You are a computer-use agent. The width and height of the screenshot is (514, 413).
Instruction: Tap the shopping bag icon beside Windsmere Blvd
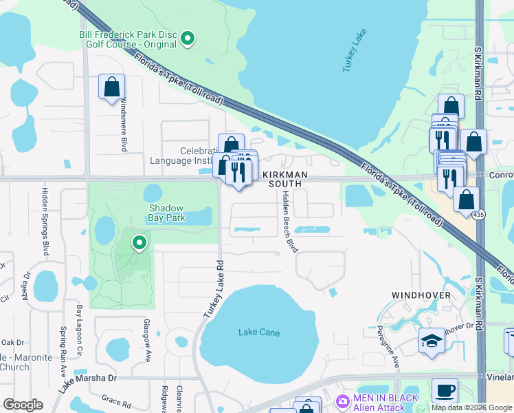(111, 87)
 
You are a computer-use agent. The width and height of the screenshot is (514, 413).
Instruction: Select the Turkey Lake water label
(355, 52)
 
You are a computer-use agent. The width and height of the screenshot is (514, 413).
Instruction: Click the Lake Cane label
(259, 332)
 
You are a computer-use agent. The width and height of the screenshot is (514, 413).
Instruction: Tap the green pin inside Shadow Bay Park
(139, 242)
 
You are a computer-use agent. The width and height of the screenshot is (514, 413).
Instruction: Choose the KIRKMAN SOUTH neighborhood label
(284, 180)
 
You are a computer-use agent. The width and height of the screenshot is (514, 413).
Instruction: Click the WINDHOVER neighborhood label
(421, 295)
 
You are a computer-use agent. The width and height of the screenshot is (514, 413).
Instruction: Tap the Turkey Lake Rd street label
(214, 288)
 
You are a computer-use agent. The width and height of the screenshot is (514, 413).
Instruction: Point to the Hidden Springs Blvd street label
(46, 220)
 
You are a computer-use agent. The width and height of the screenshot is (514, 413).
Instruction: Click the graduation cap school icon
(431, 341)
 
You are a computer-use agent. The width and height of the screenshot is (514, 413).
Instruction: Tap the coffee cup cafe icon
(445, 390)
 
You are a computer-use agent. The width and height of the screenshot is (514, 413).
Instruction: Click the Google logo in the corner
(23, 405)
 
